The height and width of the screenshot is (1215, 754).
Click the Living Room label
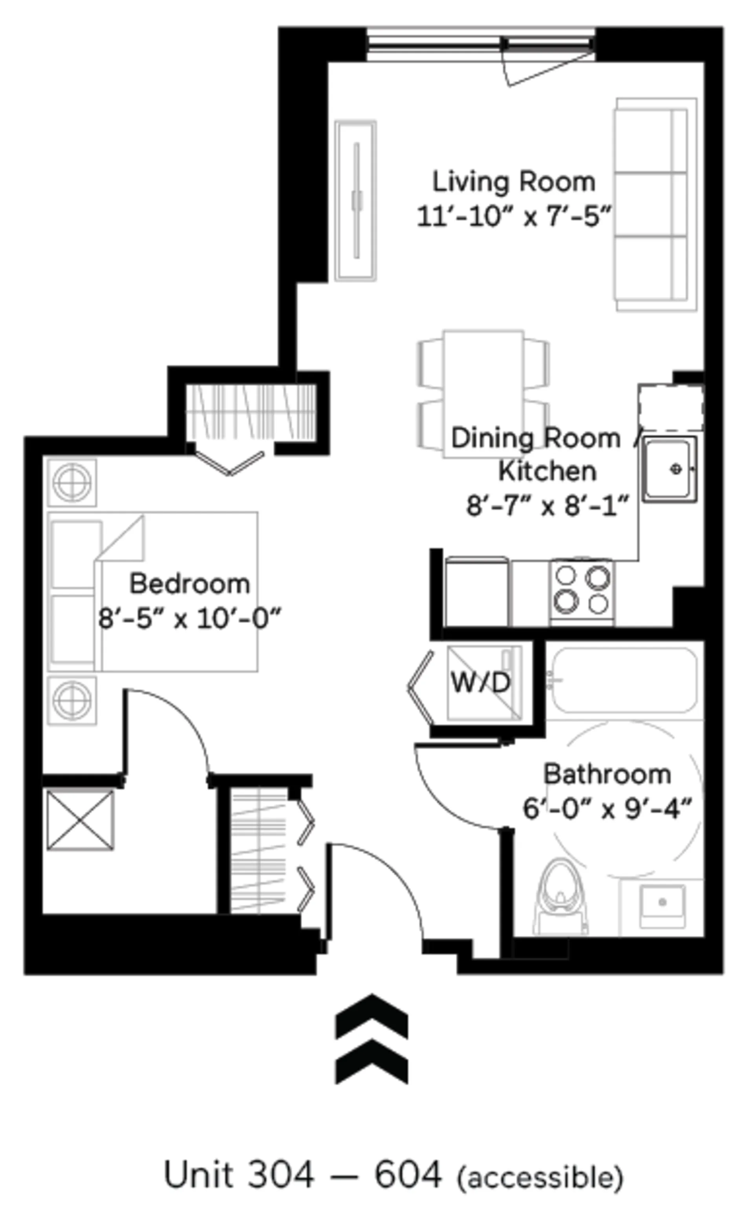pyautogui.click(x=514, y=181)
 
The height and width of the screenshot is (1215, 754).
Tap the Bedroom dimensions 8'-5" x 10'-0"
pyautogui.click(x=190, y=619)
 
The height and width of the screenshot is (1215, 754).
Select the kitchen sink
pyautogui.click(x=669, y=469)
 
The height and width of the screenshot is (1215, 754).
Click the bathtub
pyautogui.click(x=624, y=680)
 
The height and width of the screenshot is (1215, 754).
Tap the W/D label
pyautogui.click(x=481, y=682)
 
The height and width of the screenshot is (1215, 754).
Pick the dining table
pyautogui.click(x=483, y=394)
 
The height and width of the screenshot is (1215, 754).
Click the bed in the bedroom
pyautogui.click(x=153, y=592)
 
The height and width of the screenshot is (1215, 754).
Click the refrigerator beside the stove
pyautogui.click(x=477, y=592)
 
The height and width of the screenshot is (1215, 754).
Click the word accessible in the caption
pyautogui.click(x=540, y=1174)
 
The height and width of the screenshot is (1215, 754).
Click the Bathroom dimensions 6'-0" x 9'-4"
pyautogui.click(x=608, y=809)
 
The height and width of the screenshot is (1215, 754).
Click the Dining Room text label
pyautogui.click(x=536, y=438)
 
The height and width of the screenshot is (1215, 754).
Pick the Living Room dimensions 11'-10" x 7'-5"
pyautogui.click(x=514, y=217)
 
